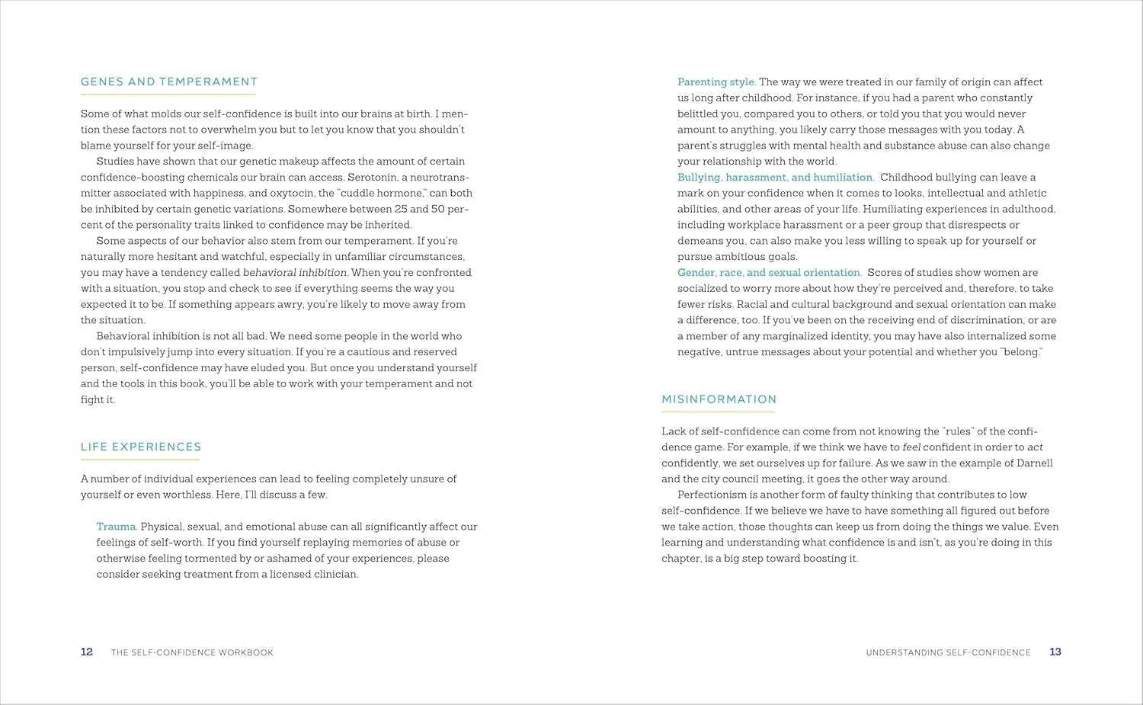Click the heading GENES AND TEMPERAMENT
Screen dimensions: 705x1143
[168, 82]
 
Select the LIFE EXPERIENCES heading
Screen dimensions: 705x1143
[141, 447]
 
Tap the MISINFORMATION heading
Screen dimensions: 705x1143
[719, 399]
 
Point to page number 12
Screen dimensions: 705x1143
[87, 652]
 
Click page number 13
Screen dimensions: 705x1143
[1055, 652]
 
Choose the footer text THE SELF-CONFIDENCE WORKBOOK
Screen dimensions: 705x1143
[192, 652]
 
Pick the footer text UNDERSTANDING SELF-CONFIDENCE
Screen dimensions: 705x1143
[948, 652]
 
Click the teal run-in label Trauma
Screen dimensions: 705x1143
[117, 527]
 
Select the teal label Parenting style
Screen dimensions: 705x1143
[716, 82]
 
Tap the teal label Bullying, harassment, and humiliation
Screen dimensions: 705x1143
[776, 178]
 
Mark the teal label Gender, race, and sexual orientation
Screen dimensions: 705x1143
[770, 273]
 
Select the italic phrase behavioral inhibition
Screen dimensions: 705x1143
[295, 273]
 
